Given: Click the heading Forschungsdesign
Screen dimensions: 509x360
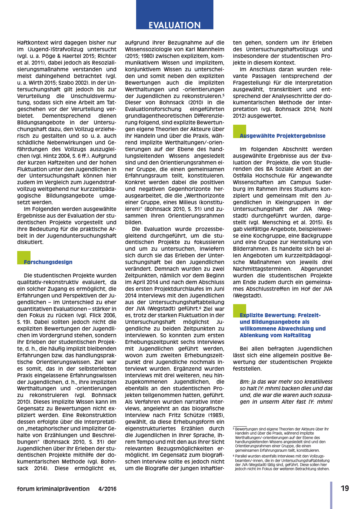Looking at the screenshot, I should [48, 262].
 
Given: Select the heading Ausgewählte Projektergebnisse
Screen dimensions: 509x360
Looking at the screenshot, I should [282, 136].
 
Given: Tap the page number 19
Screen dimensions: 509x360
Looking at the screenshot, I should [345, 488].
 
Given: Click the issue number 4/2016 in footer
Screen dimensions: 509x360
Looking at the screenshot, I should [107, 489].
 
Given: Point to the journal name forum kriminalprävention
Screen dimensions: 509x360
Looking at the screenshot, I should [53, 489].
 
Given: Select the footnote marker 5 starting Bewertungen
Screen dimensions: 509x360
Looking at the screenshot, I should [234, 429].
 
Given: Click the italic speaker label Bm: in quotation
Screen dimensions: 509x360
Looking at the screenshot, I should [245, 382].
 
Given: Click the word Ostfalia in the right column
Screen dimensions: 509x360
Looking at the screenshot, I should [243, 176].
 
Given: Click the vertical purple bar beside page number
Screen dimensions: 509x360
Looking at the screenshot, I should [331, 495].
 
